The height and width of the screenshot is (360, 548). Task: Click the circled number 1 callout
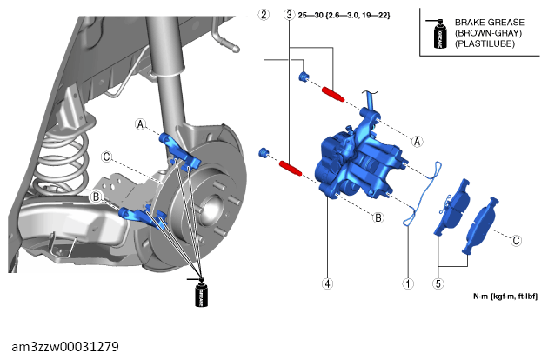pos(408,283)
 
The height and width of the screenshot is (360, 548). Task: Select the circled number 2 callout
pos(264,15)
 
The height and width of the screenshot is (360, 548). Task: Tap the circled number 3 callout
pos(289,15)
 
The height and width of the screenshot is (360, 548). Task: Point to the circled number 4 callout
pos(327,283)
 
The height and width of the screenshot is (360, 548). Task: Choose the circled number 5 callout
pos(438,283)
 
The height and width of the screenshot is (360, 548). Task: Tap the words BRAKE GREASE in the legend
pos(489,23)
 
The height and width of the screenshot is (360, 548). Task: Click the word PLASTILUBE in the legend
pos(485,43)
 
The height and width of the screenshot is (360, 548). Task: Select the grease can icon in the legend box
pos(438,34)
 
